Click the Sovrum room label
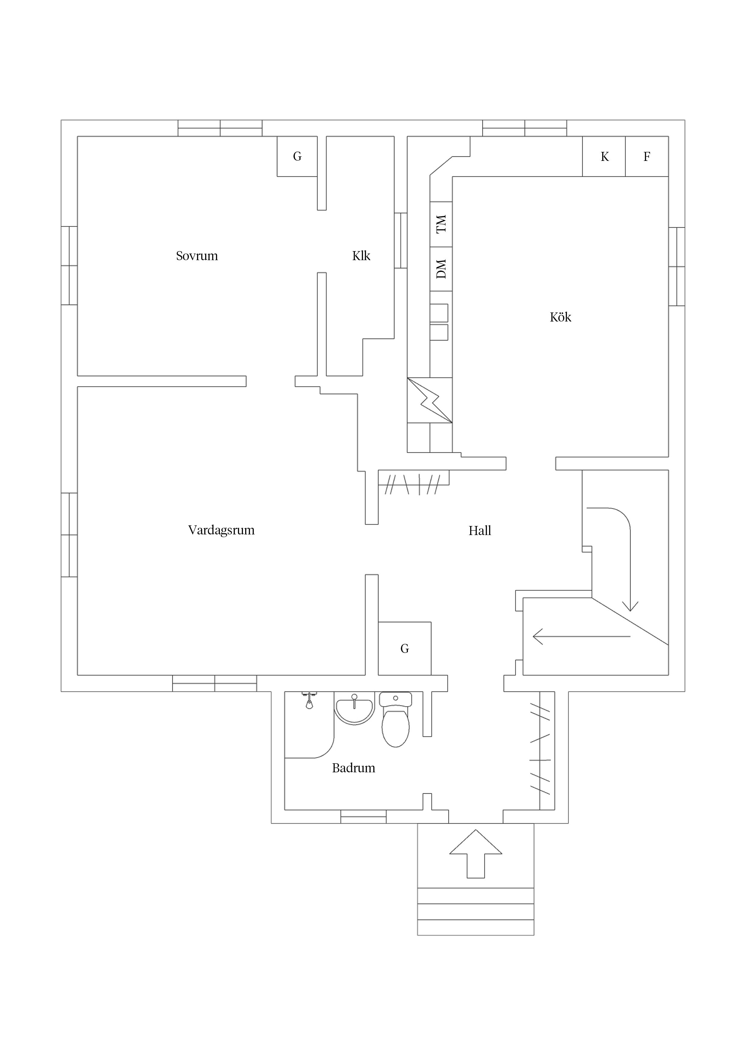pyautogui.click(x=197, y=256)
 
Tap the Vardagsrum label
pyautogui.click(x=221, y=530)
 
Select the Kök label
pyautogui.click(x=560, y=317)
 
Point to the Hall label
pyautogui.click(x=480, y=531)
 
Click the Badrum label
pyautogui.click(x=353, y=768)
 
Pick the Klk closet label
pyautogui.click(x=361, y=256)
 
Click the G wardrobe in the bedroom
pyautogui.click(x=297, y=156)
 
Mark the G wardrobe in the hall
pyautogui.click(x=405, y=648)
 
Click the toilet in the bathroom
pyautogui.click(x=395, y=719)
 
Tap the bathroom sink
pyautogui.click(x=354, y=710)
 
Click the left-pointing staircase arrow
pyautogui.click(x=581, y=636)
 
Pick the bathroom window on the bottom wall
pyautogui.click(x=363, y=817)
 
